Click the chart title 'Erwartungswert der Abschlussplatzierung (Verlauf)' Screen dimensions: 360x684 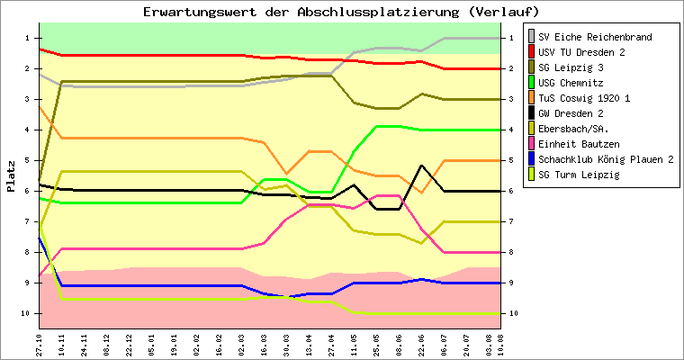(x=341, y=12)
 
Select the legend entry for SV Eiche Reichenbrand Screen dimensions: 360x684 (x=601, y=37)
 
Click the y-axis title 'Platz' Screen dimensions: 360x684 (x=11, y=176)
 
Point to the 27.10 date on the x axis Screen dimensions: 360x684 (x=39, y=343)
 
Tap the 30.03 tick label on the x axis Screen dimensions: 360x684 (x=286, y=343)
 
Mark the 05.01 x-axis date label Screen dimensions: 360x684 (x=152, y=343)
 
